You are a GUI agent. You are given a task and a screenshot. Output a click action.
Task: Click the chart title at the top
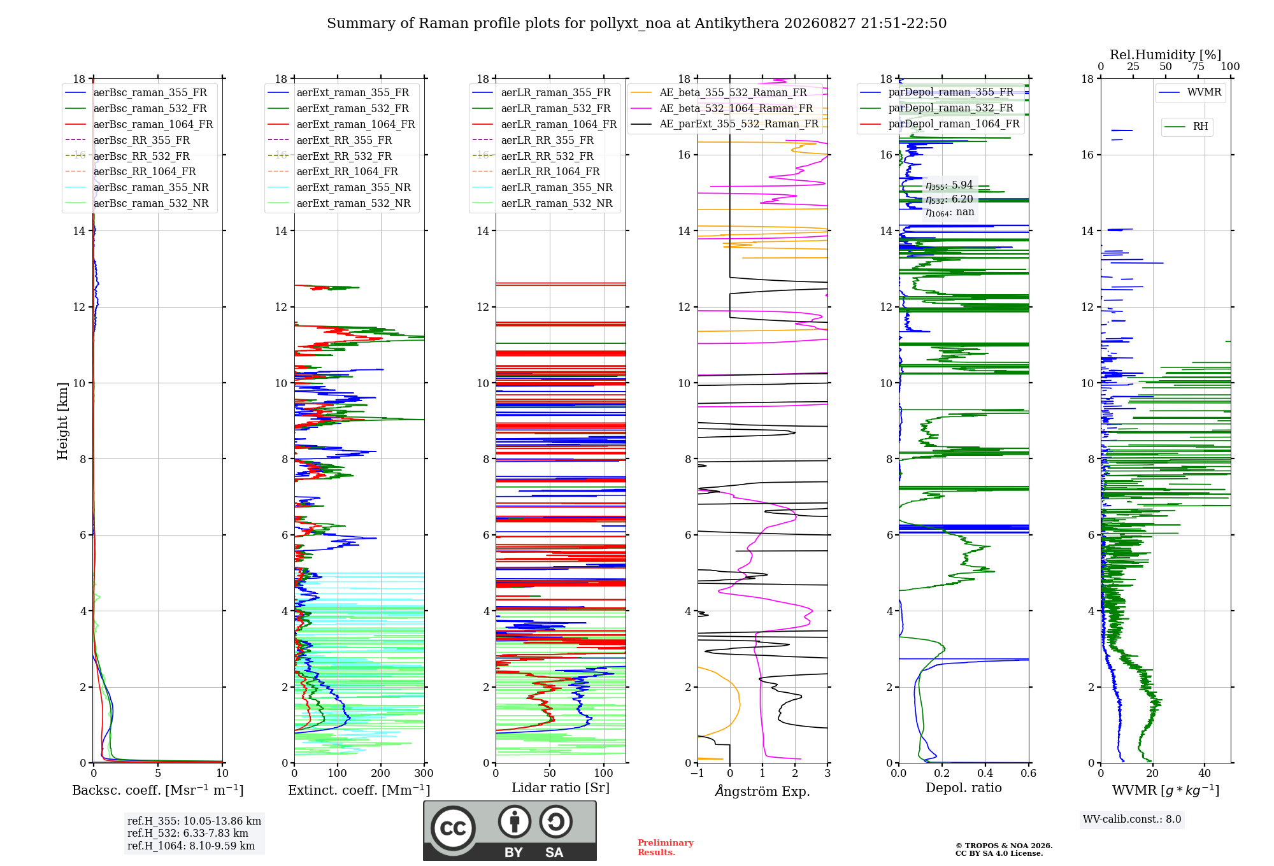636,24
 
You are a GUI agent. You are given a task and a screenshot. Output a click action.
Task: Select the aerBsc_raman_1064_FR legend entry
139,124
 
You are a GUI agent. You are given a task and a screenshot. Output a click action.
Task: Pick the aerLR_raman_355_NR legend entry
542,187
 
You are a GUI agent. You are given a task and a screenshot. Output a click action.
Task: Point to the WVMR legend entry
1190,92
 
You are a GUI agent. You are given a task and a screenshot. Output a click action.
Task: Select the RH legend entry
1186,127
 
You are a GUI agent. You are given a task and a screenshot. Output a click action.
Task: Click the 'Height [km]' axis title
62,421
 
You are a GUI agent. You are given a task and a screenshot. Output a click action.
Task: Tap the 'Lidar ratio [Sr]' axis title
561,788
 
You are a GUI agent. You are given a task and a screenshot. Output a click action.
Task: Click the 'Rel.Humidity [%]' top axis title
1166,55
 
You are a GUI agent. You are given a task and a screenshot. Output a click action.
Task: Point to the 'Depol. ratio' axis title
964,788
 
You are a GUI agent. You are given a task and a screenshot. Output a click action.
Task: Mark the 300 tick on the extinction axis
424,773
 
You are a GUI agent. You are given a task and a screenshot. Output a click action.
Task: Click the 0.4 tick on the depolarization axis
985,773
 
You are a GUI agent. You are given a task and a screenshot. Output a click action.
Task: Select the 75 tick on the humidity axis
1198,66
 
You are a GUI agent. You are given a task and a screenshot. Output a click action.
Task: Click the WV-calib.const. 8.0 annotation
1132,819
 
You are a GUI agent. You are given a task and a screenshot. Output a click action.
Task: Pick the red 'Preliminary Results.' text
666,848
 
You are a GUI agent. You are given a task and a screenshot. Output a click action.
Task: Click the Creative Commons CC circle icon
453,828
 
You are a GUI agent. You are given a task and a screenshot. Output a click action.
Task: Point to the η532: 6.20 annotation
949,199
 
